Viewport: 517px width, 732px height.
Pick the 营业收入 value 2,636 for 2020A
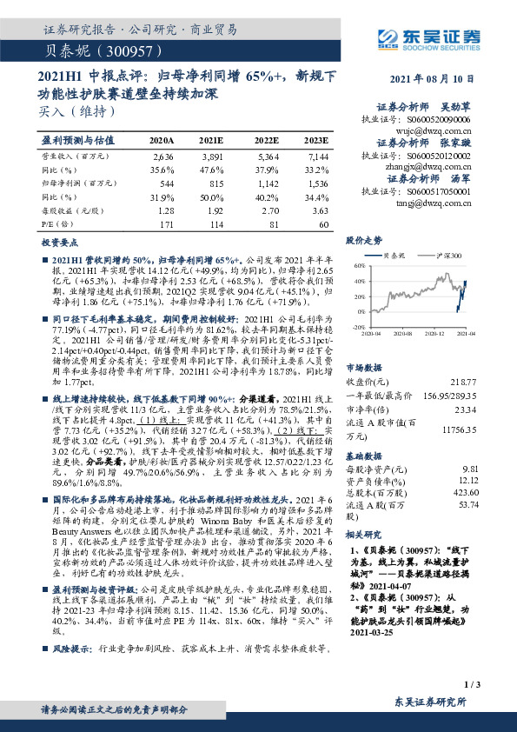pyautogui.click(x=162, y=156)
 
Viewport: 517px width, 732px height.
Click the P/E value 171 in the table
pyautogui.click(x=166, y=226)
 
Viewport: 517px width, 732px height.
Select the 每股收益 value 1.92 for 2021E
pyautogui.click(x=214, y=212)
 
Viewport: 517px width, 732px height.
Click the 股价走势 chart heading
pyautogui.click(x=364, y=240)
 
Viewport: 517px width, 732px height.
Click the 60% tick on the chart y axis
pyautogui.click(x=358, y=264)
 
